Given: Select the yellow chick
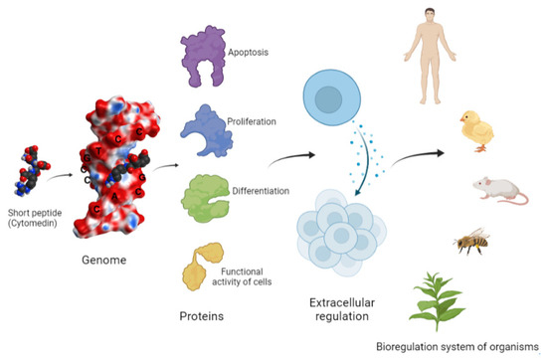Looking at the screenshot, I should pyautogui.click(x=475, y=129).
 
